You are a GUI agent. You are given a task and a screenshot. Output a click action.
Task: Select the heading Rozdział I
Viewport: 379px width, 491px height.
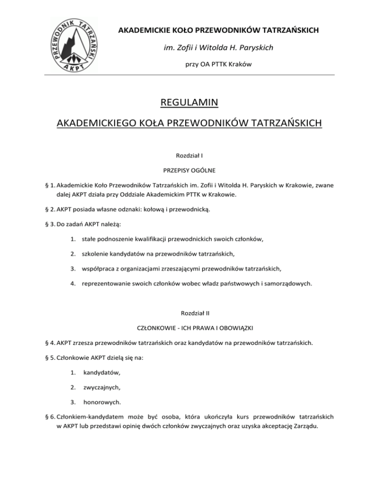tap(189, 155)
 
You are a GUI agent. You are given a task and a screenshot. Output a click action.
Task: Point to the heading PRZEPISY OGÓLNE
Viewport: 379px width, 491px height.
tap(189, 169)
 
